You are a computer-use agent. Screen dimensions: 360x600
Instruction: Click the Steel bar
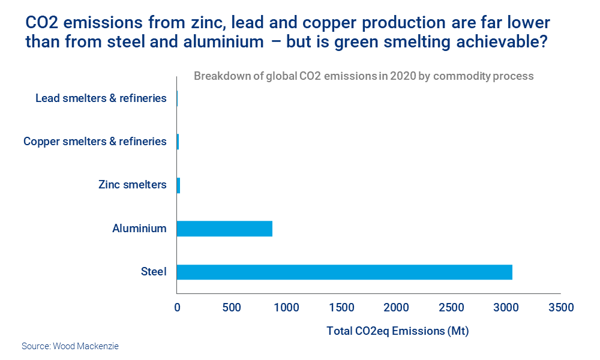[x=344, y=272]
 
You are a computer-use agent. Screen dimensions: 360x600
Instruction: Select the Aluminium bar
[x=224, y=229]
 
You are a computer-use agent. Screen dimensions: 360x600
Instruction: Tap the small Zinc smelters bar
[x=178, y=185]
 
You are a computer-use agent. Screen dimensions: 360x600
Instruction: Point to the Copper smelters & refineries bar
[x=178, y=142]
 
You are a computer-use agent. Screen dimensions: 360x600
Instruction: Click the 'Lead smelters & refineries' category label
[x=101, y=98]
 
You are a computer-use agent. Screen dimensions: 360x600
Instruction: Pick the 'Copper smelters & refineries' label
[x=95, y=142]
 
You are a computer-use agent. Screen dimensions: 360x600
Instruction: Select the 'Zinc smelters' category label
[x=132, y=185]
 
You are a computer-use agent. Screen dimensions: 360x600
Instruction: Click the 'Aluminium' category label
[x=139, y=228]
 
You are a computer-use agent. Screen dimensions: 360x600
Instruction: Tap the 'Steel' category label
[x=154, y=272]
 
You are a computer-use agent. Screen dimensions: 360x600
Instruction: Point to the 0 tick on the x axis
[x=177, y=308]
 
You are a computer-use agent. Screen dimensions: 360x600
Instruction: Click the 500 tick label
[x=232, y=308]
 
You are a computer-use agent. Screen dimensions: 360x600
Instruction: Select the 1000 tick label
[x=286, y=308]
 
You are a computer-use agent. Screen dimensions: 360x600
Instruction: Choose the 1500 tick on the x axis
[x=341, y=308]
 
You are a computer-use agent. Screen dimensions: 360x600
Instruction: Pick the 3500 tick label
[x=561, y=308]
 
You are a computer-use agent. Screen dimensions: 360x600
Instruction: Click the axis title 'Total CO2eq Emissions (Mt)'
[x=397, y=331]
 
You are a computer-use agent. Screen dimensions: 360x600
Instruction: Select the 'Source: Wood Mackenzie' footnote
[x=70, y=346]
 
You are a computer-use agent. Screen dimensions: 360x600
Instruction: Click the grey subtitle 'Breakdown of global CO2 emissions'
[x=364, y=77]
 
